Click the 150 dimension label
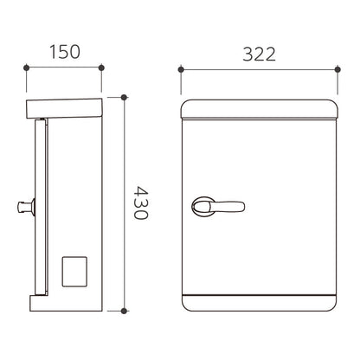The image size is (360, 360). click(65, 52)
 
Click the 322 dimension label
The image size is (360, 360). click(259, 54)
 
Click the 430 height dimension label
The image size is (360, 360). click(141, 202)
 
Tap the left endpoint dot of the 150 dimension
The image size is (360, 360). click(26, 67)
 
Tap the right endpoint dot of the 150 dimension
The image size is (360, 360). click(101, 67)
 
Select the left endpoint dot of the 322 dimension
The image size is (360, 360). click(181, 69)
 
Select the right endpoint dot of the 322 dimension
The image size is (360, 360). click(337, 69)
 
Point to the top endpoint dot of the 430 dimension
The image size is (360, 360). click(124, 98)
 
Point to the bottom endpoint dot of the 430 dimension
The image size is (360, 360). click(124, 311)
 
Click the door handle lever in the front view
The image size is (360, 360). click(218, 207)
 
